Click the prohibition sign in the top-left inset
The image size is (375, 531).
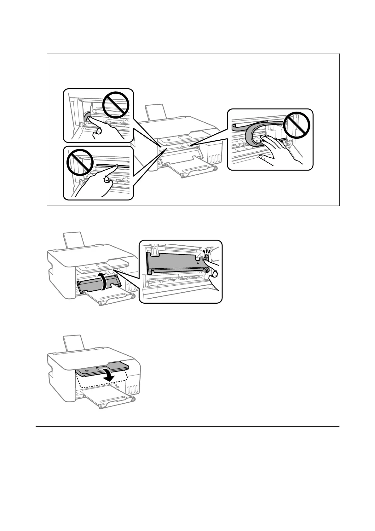[x=116, y=103]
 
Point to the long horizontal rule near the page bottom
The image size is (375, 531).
[x=187, y=427]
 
